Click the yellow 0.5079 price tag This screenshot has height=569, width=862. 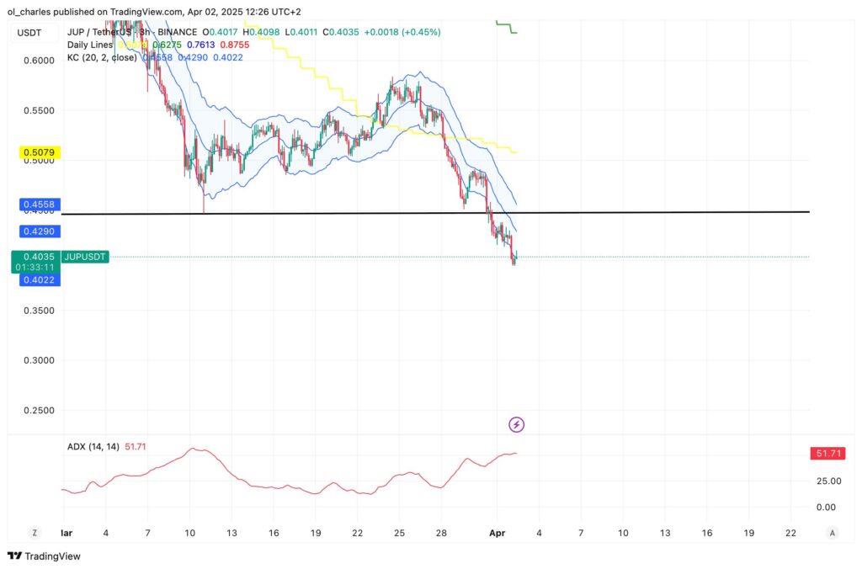tap(37, 153)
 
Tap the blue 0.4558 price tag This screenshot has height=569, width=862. tap(37, 205)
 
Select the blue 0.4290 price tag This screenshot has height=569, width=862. tap(37, 231)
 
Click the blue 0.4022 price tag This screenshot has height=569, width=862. tap(37, 279)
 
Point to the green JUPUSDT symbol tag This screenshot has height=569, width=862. tap(85, 257)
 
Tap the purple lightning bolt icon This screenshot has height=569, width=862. tap(517, 424)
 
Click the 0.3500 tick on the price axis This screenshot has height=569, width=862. tap(37, 311)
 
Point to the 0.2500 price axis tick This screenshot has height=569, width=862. tap(37, 411)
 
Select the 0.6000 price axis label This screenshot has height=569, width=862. tap(37, 61)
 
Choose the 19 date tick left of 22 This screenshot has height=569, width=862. tap(316, 534)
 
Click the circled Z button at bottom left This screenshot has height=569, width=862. tap(35, 533)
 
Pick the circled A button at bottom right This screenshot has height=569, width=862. tap(832, 533)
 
